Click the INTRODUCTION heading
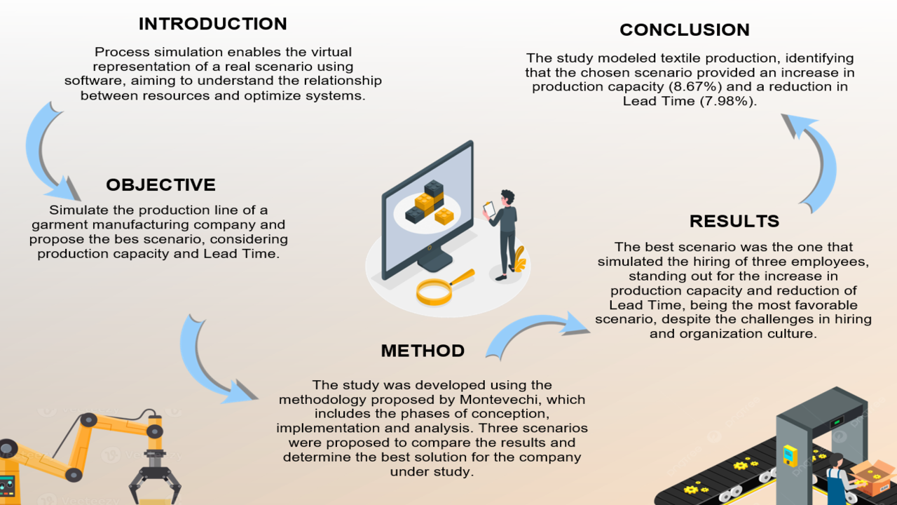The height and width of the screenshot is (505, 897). pyautogui.click(x=212, y=24)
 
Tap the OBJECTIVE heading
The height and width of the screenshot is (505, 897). pyautogui.click(x=160, y=185)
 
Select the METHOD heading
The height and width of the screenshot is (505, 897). pyautogui.click(x=423, y=351)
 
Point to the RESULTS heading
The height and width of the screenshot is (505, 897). pyautogui.click(x=734, y=222)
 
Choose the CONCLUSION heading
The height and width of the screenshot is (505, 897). pyautogui.click(x=684, y=30)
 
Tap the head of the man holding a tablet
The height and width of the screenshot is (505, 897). pyautogui.click(x=507, y=198)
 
